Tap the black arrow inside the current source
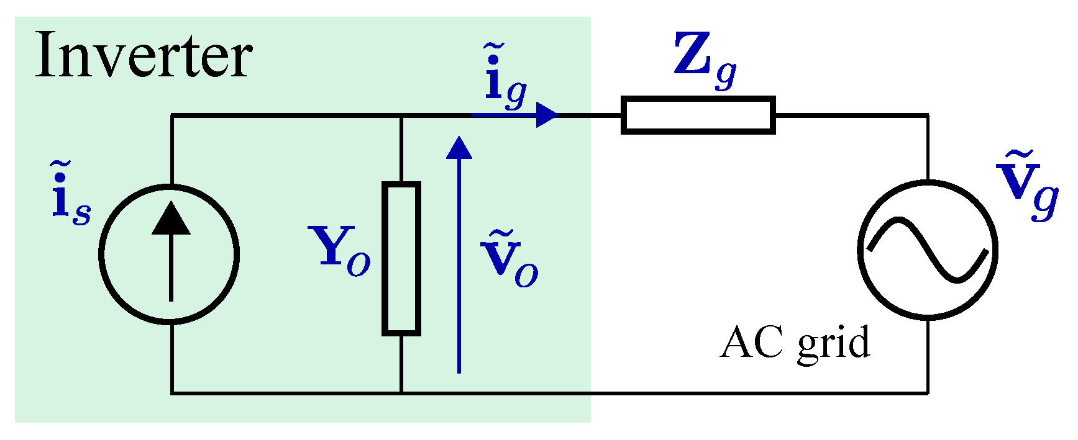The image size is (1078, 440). point(171,248)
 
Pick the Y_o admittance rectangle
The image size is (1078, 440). point(401,258)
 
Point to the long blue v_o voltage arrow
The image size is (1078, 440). point(459,261)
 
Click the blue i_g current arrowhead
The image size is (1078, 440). point(547,115)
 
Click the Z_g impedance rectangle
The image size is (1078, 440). point(698,115)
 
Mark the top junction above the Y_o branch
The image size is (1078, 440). point(401,115)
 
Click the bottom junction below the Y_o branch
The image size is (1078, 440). point(401,393)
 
